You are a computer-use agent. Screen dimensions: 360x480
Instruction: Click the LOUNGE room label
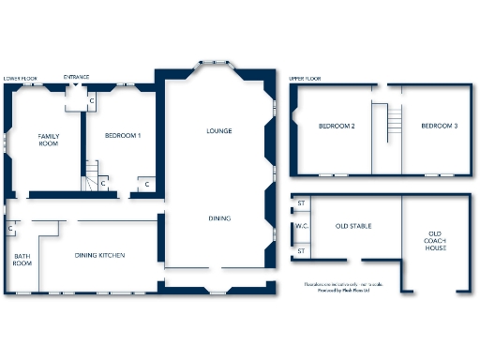(218, 130)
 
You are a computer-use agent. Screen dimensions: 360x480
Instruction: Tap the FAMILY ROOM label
(49, 140)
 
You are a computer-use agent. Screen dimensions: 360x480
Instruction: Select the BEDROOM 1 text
(122, 136)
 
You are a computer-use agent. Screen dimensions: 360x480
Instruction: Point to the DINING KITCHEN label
(100, 255)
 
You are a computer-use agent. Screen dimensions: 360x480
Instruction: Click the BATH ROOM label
(22, 260)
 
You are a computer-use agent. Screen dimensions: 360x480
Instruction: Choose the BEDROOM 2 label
(336, 126)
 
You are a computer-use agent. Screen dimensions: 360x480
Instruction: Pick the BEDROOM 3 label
(439, 126)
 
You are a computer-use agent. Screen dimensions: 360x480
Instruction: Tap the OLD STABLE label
(355, 226)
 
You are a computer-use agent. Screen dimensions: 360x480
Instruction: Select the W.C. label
(302, 226)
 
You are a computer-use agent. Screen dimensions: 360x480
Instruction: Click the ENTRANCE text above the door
(77, 76)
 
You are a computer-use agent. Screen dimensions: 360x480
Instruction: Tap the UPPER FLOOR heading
(306, 79)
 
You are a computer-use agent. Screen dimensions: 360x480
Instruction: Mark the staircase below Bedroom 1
(92, 173)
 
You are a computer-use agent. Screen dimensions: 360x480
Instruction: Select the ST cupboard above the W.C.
(302, 203)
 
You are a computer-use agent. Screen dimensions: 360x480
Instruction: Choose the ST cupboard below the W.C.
(302, 250)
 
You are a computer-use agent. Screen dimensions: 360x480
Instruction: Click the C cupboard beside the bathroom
(10, 228)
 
